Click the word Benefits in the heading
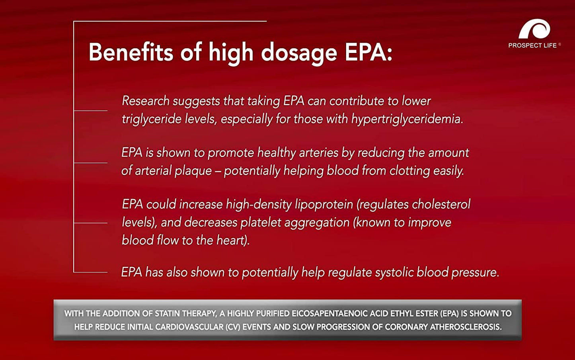tap(131, 52)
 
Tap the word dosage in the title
tap(299, 53)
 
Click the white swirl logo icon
tap(534, 29)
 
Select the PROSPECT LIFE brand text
tap(532, 45)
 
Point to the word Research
tap(146, 101)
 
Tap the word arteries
tap(318, 153)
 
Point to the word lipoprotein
tap(324, 204)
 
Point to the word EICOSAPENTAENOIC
tap(329, 313)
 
